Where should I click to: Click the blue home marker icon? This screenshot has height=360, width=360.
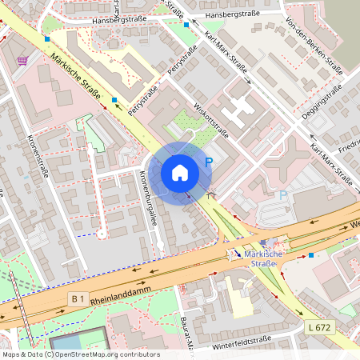180,173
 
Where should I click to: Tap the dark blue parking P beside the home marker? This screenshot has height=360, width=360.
209,162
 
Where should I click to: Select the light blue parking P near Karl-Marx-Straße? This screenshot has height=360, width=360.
282,195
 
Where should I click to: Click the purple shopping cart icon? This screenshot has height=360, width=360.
22,60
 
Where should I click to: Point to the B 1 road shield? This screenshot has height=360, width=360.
78,298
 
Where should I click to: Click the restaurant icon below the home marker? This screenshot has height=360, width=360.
211,195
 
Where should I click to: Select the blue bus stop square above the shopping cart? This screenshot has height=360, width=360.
47,38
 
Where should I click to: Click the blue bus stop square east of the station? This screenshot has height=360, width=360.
310,255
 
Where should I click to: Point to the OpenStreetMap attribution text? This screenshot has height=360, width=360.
80,354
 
